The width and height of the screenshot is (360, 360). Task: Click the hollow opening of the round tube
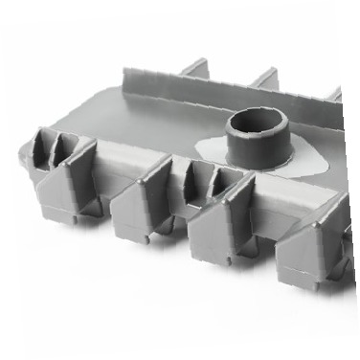[256, 121]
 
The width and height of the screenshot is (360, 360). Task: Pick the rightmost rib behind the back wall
[334, 95]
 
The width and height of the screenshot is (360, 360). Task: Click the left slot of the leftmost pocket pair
[43, 147]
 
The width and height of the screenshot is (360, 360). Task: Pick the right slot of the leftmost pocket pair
[61, 150]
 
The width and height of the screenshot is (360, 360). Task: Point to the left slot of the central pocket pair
[197, 176]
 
